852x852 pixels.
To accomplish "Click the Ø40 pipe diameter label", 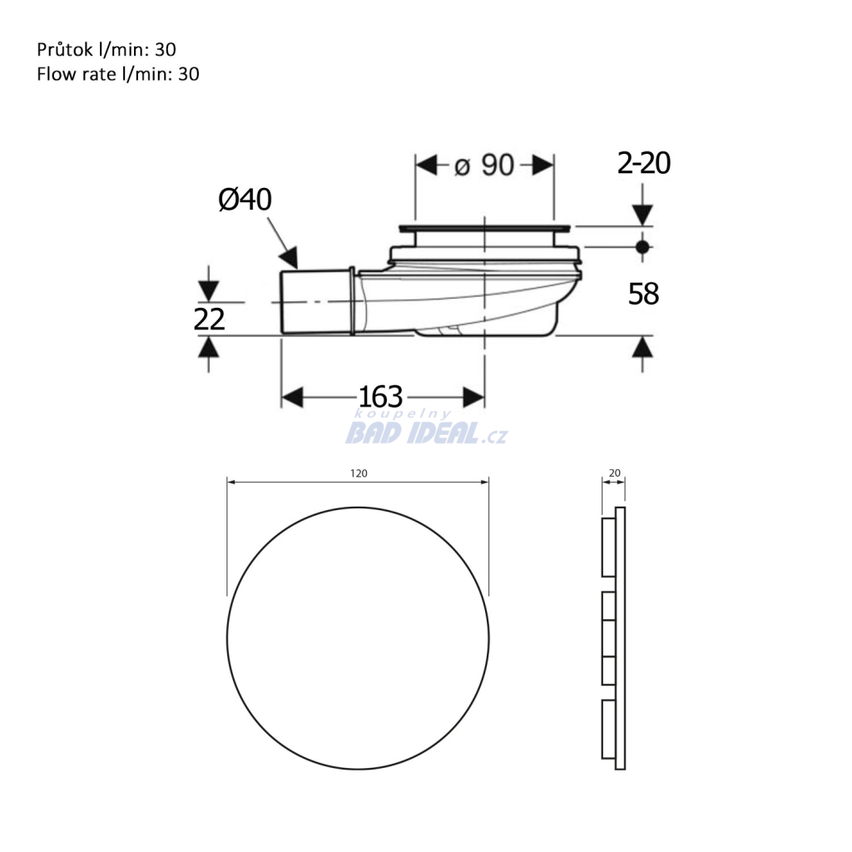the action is tap(245, 200).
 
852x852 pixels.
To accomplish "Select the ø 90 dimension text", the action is tap(484, 166).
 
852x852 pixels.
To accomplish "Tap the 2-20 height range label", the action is tap(644, 163).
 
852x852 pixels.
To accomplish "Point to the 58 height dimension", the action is tap(643, 294).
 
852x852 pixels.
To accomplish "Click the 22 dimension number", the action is tap(209, 319).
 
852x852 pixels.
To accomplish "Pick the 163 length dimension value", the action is tap(380, 397).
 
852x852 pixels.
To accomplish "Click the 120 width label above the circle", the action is tap(359, 473).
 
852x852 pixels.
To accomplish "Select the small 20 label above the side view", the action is tap(615, 473).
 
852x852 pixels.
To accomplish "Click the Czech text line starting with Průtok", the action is tap(106, 49).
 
